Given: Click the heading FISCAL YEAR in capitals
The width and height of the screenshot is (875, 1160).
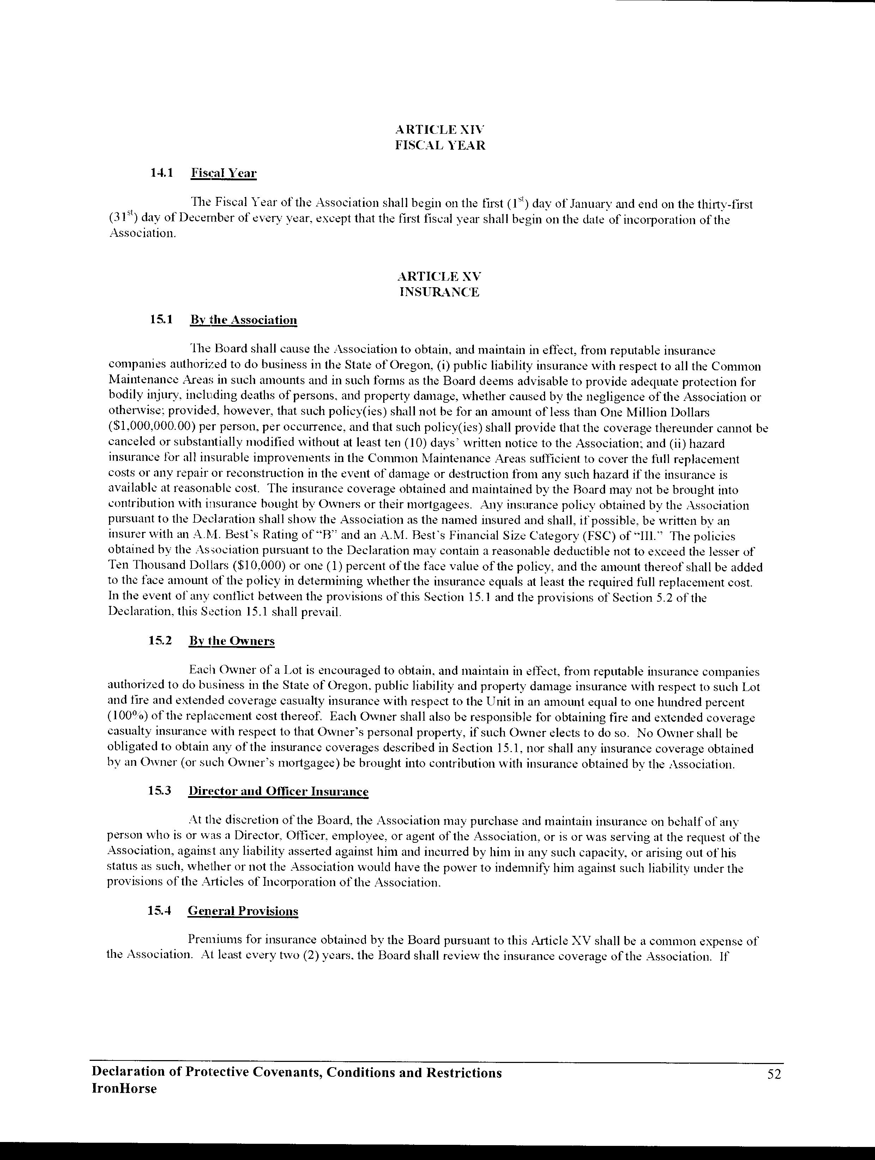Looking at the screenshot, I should [x=440, y=145].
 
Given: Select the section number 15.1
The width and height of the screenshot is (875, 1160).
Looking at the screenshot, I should [x=161, y=319].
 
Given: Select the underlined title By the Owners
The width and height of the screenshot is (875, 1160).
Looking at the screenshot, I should [x=232, y=641].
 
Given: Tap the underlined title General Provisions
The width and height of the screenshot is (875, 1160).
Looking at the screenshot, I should [x=243, y=912].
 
